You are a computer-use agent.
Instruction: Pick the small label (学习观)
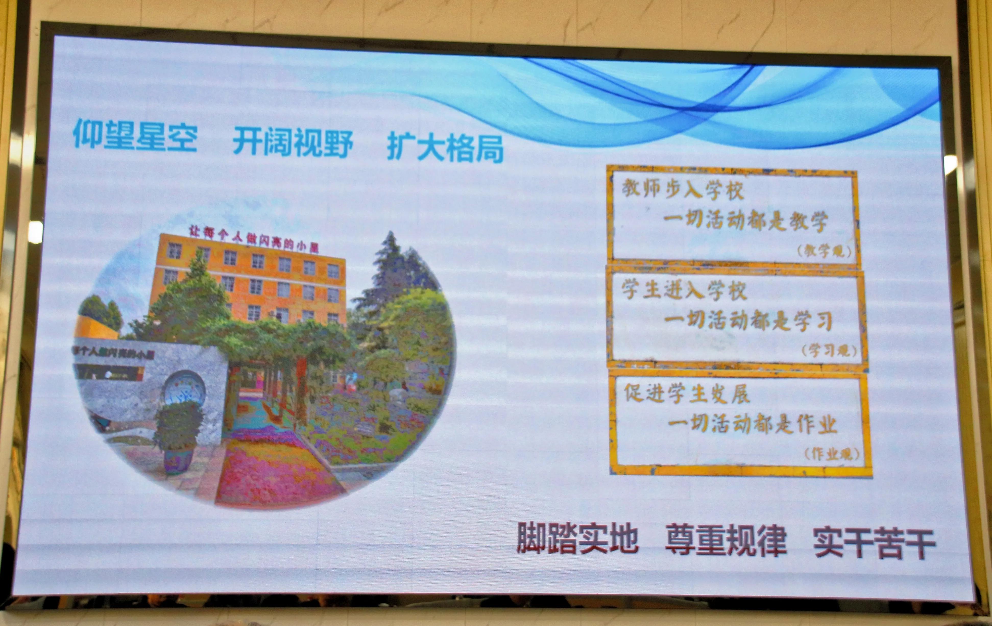[x=829, y=350]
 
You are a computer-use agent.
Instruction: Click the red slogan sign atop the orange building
[x=253, y=238]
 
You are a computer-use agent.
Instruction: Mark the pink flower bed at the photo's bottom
[x=272, y=474]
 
